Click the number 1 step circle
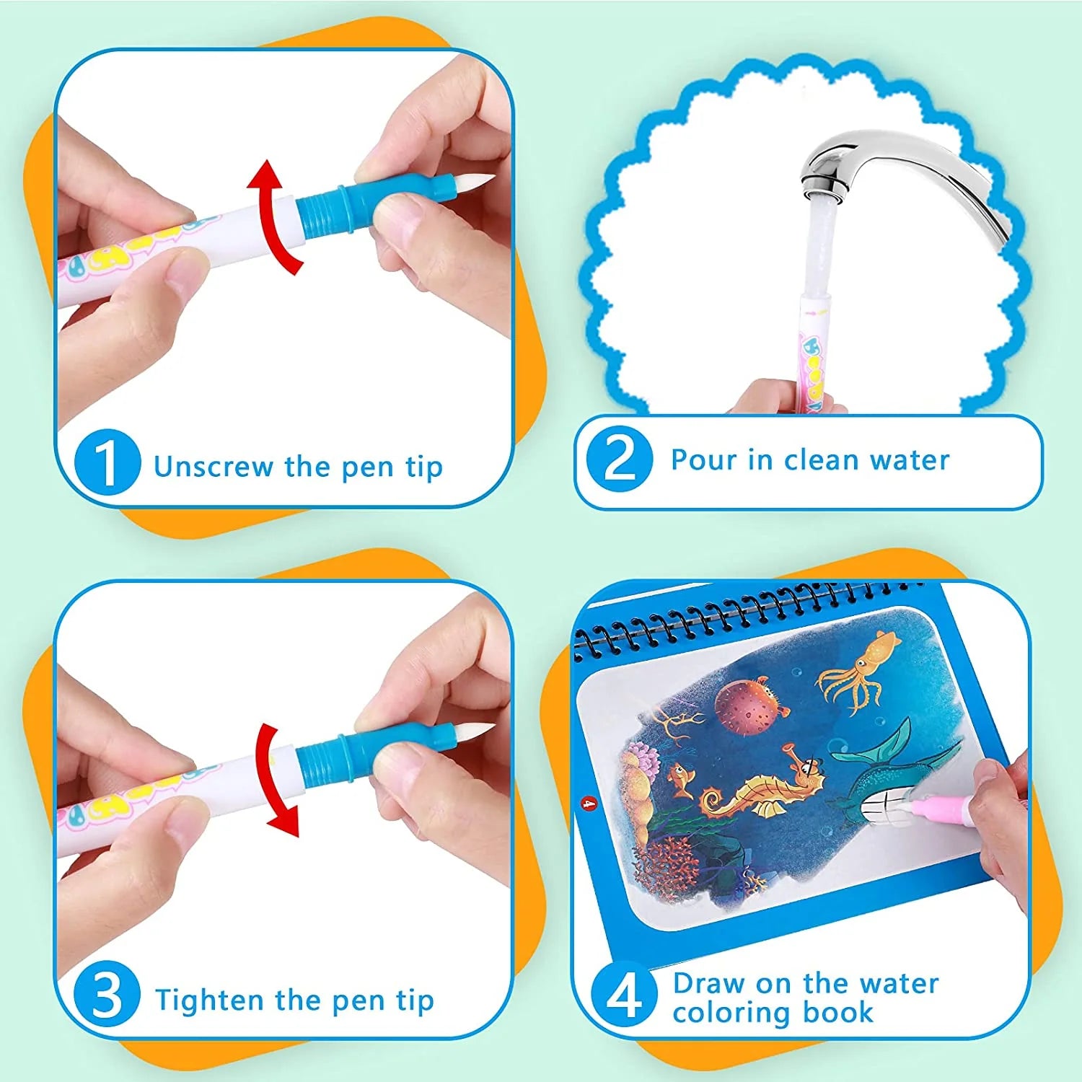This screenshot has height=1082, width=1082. tap(107, 462)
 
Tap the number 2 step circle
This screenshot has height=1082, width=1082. tap(620, 459)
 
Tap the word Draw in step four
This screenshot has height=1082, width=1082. tap(708, 983)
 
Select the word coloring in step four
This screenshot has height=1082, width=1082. tap(732, 1013)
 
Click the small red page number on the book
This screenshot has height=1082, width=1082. tap(589, 801)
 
